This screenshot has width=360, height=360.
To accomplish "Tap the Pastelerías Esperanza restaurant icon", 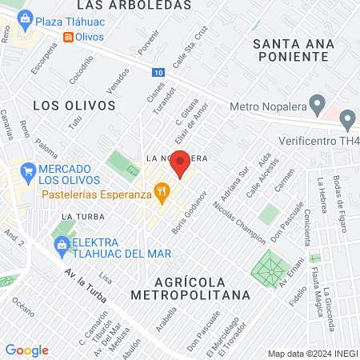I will pos(162,191).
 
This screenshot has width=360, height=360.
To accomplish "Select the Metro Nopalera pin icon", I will pos(318,104).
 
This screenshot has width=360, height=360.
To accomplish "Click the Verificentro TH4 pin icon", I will pos(347,121).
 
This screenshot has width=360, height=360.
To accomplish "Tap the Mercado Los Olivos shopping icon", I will pos(29,170).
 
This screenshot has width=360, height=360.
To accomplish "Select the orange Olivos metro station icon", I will pos(68,37).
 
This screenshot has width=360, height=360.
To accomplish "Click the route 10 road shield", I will pos(158,72).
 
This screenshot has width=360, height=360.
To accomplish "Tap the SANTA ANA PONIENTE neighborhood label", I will pos(290,50).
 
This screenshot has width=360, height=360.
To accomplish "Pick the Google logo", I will pos(26,350).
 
